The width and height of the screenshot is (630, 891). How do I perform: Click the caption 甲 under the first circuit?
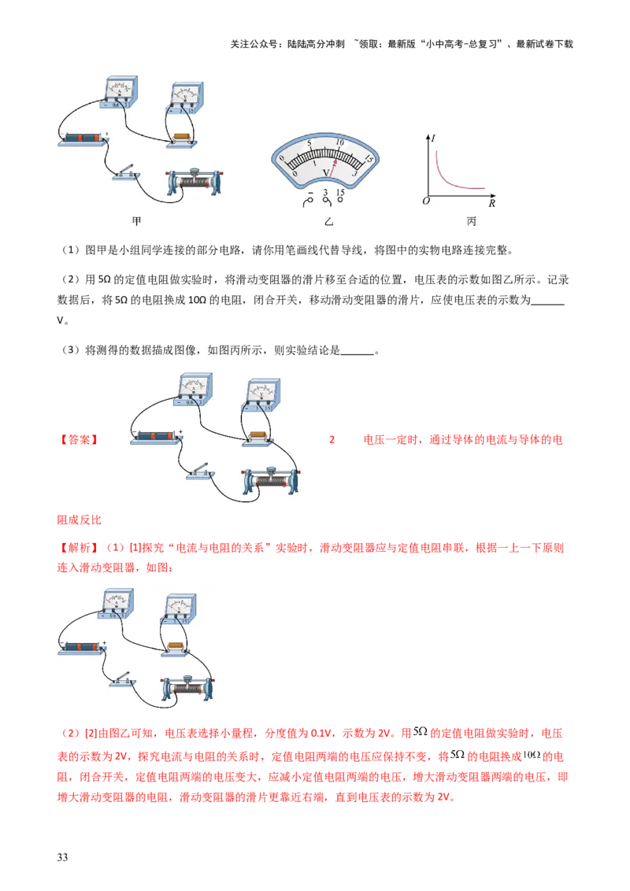[136, 221]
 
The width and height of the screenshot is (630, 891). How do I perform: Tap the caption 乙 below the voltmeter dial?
[328, 222]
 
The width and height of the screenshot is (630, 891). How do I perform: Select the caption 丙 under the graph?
[472, 221]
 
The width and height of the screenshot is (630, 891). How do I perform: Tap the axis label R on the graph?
[492, 203]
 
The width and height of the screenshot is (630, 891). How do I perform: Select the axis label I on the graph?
[433, 138]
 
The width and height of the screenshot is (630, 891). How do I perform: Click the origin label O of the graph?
[426, 201]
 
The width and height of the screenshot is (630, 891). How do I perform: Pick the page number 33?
[62, 857]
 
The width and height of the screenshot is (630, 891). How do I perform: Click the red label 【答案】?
[79, 440]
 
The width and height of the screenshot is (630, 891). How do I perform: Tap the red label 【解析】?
[79, 548]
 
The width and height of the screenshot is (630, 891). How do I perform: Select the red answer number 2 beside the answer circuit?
[332, 440]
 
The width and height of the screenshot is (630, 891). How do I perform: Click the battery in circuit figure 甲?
[83, 139]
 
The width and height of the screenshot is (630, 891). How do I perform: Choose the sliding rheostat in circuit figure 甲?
[195, 182]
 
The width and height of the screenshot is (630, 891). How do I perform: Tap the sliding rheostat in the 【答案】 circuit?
[270, 480]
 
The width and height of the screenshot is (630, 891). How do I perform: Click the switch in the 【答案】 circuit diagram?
[201, 471]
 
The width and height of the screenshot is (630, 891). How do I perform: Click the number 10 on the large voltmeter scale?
[339, 142]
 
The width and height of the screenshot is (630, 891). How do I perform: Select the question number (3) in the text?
[70, 350]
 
